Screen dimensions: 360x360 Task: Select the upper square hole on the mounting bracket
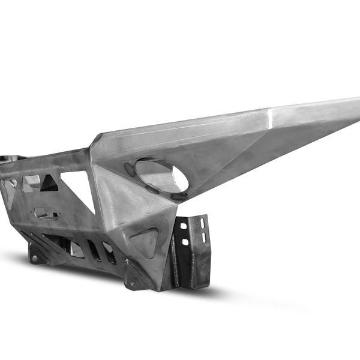(184, 226)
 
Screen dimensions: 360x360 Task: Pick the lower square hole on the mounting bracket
(185, 241)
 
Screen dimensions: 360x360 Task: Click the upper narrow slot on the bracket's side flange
(203, 223)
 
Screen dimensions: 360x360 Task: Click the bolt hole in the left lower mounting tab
(35, 259)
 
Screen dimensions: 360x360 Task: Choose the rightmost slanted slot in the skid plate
(110, 253)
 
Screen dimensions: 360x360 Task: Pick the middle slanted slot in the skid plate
(94, 250)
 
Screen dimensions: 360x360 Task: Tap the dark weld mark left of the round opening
(130, 170)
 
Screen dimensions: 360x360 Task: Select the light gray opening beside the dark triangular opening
(30, 184)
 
